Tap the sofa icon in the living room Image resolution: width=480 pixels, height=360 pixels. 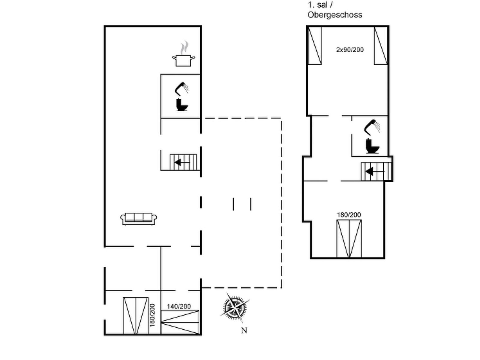pyautogui.click(x=138, y=219)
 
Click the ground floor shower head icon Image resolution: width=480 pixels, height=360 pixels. pyautogui.click(x=181, y=89)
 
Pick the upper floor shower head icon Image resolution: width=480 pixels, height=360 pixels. pyautogui.click(x=372, y=127)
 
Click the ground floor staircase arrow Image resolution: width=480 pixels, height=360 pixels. pyautogui.click(x=182, y=162)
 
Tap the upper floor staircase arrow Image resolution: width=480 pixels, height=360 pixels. pyautogui.click(x=374, y=171)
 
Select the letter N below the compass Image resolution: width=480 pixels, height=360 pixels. pyautogui.click(x=244, y=331)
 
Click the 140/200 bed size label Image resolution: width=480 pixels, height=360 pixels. pyautogui.click(x=179, y=306)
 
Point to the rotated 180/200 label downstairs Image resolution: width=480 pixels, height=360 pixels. pyautogui.click(x=152, y=315)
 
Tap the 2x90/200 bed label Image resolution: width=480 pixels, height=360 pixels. pyautogui.click(x=350, y=50)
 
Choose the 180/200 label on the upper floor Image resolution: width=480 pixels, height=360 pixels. pyautogui.click(x=349, y=215)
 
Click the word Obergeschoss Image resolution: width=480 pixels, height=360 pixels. pyautogui.click(x=335, y=15)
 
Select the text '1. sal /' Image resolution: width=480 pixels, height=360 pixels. pyautogui.click(x=320, y=5)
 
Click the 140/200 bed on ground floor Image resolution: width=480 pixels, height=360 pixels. pyautogui.click(x=180, y=322)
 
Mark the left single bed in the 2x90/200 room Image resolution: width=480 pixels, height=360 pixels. pyautogui.click(x=315, y=46)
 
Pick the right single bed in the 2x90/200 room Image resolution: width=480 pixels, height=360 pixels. pyautogui.click(x=381, y=46)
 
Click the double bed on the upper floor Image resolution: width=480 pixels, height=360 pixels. pyautogui.click(x=349, y=239)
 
